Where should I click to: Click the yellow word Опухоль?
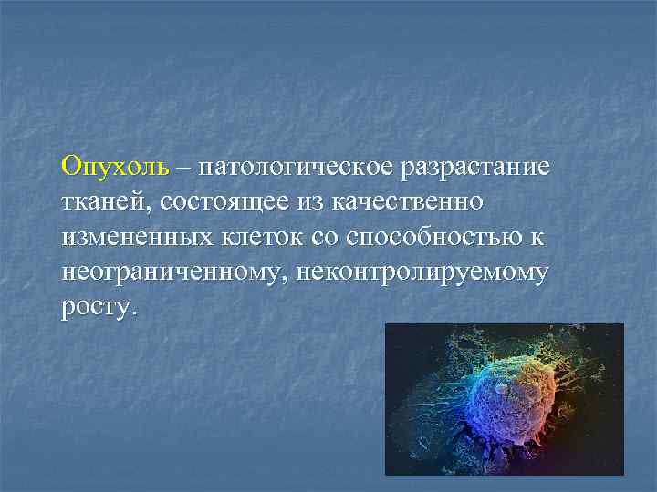click(x=115, y=167)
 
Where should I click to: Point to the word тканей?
click(x=99, y=200)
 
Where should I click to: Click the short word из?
click(x=305, y=201)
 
